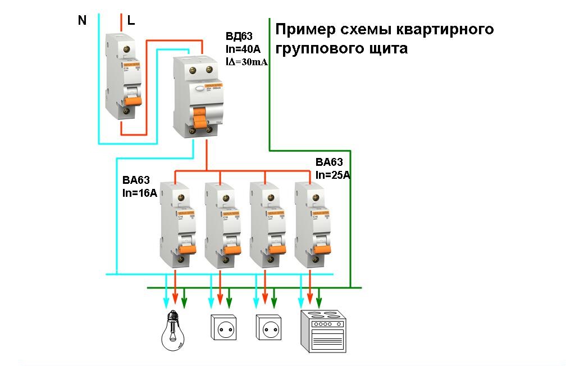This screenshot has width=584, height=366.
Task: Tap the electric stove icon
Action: click(322, 331)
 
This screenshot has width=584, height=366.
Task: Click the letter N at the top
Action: click(83, 21)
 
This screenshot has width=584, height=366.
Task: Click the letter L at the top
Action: click(131, 21)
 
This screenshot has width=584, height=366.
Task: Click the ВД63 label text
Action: click(238, 37)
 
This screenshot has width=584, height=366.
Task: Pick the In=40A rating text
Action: click(241, 49)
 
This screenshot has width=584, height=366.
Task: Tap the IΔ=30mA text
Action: click(246, 62)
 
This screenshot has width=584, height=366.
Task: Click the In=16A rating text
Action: click(140, 194)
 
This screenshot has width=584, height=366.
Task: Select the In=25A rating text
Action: click(333, 175)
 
